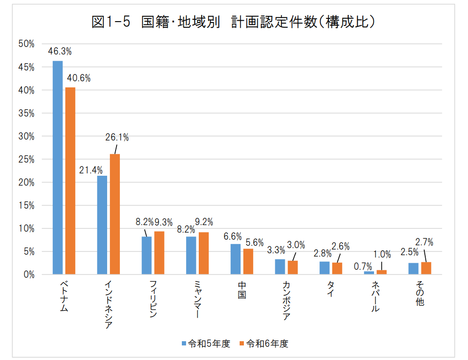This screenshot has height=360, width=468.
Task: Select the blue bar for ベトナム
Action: pos(57,167)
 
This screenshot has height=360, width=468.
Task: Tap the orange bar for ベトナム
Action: pos(70,180)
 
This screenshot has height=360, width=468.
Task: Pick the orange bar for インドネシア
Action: pos(115,214)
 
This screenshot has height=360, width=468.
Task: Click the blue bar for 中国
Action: pos(235,259)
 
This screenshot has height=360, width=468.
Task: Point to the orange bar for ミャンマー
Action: pos(204,253)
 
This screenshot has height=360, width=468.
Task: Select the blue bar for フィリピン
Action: pos(147,255)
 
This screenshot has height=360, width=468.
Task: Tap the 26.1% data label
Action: pos(117,138)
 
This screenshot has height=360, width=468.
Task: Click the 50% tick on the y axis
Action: pos(27,44)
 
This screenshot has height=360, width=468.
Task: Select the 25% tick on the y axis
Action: pos(27,159)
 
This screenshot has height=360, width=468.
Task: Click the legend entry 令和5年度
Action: pos(206,344)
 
